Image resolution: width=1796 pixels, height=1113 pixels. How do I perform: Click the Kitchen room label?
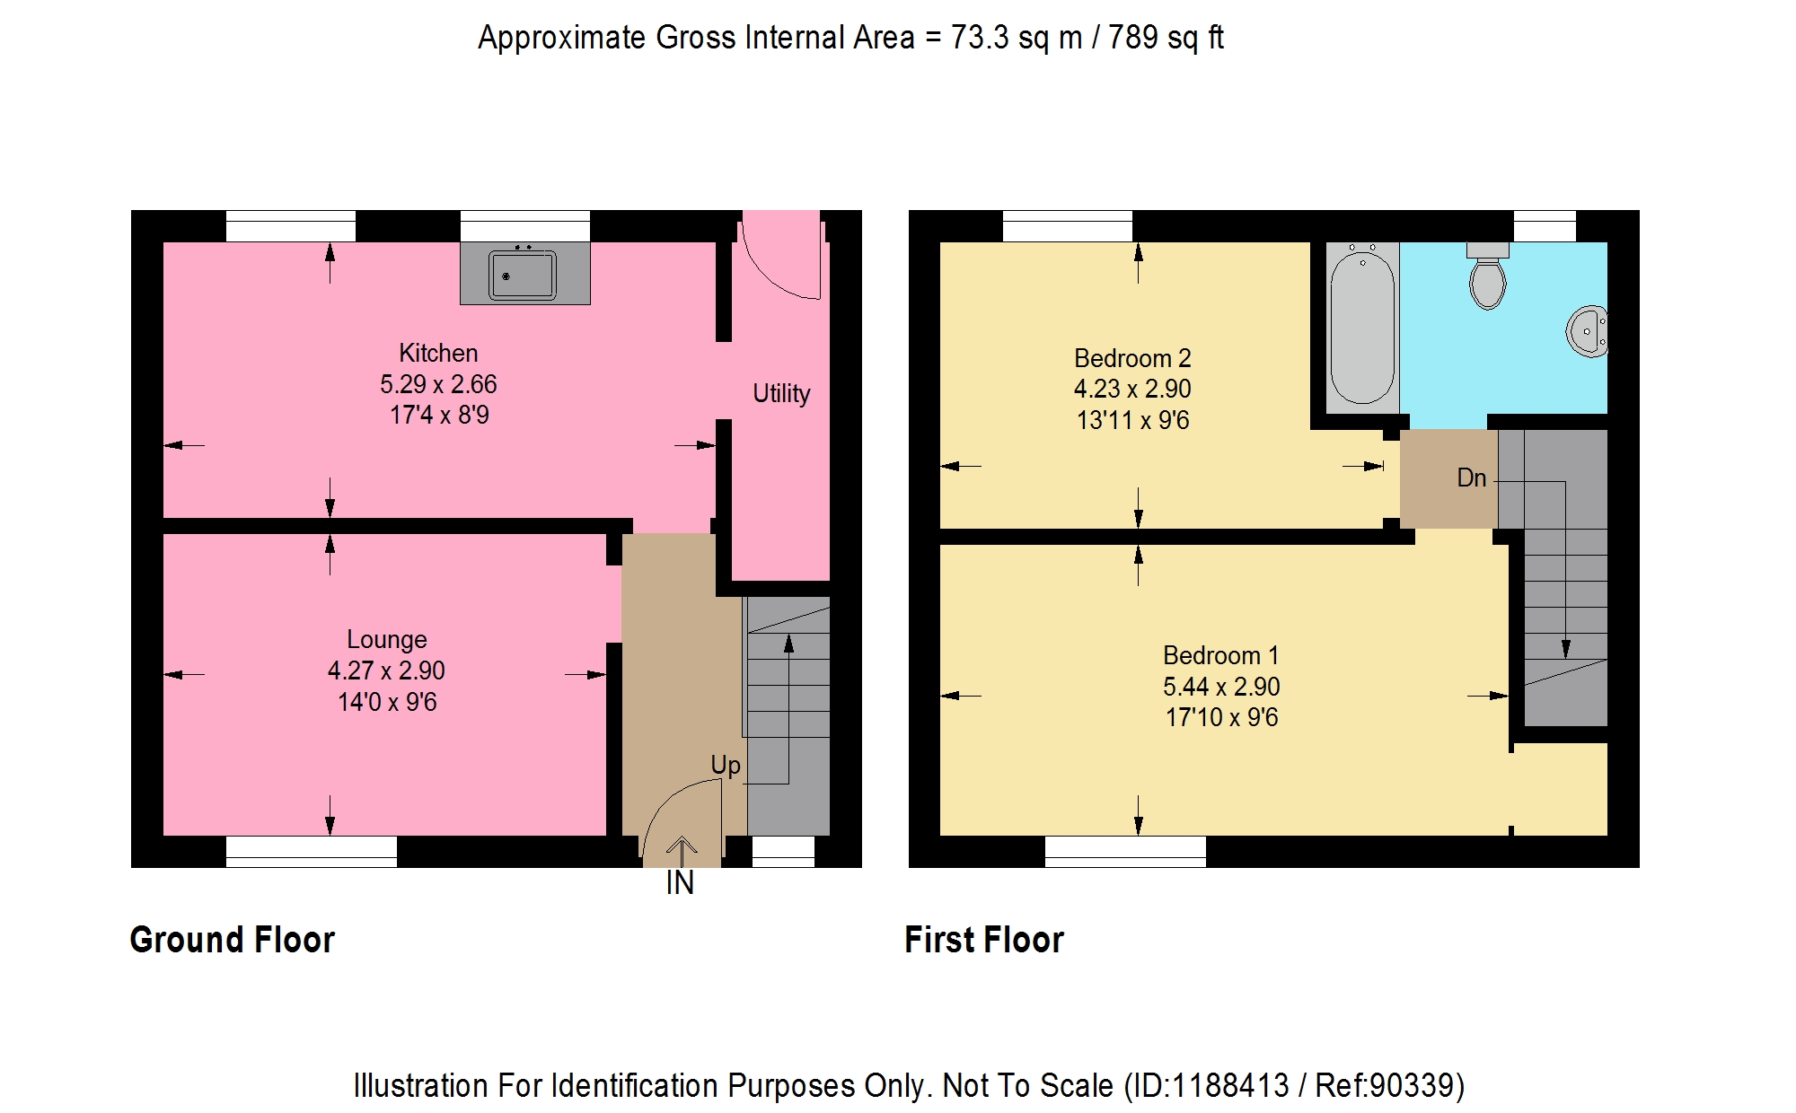pyautogui.click(x=438, y=353)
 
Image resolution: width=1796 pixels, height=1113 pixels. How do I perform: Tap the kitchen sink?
pyautogui.click(x=523, y=275)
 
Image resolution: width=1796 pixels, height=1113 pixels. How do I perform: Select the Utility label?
pyautogui.click(x=781, y=394)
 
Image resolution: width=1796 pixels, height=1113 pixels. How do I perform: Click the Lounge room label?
pyautogui.click(x=387, y=640)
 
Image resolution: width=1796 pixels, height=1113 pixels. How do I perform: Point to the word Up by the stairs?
pyautogui.click(x=726, y=766)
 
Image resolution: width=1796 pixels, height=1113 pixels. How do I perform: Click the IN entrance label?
pyautogui.click(x=680, y=883)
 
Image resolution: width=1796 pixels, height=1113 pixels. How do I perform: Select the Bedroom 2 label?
pyautogui.click(x=1132, y=358)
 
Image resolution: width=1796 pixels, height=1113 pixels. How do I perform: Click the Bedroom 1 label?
pyautogui.click(x=1220, y=655)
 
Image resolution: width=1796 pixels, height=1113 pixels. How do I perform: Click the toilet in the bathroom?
pyautogui.click(x=1488, y=276)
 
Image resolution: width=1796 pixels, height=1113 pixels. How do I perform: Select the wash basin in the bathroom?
pyautogui.click(x=1588, y=331)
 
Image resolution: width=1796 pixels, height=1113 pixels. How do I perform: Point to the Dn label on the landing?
pyautogui.click(x=1472, y=478)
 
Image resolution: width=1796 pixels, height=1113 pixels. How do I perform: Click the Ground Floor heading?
pyautogui.click(x=232, y=940)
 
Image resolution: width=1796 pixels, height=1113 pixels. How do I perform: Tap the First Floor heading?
pyautogui.click(x=984, y=940)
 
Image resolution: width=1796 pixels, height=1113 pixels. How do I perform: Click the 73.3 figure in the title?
pyautogui.click(x=980, y=38)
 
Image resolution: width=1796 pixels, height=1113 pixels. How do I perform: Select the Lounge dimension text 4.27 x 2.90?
pyautogui.click(x=386, y=670)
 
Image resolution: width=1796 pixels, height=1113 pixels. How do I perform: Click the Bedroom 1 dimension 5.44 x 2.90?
pyautogui.click(x=1221, y=687)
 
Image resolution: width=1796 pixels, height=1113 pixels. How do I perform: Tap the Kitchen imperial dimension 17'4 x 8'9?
pyautogui.click(x=439, y=415)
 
